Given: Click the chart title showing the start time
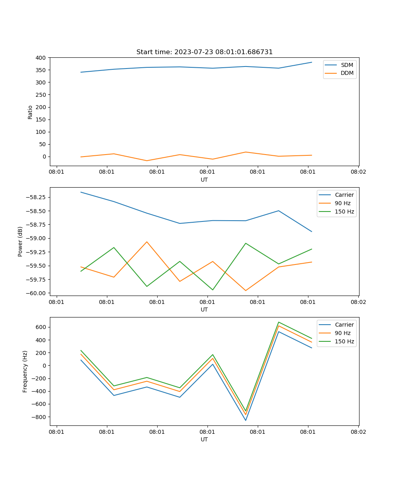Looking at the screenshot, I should tap(204, 52).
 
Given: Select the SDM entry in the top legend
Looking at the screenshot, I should tap(347, 65).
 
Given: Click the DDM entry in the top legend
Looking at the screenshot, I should tap(347, 73).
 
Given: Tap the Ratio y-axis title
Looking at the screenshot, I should tap(30, 112).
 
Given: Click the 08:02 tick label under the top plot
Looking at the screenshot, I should tap(358, 172).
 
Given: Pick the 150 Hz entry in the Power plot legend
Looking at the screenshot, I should tap(344, 212).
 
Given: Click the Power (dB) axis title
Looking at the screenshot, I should tap(20, 241).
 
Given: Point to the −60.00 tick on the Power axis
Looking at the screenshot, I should tap(36, 293).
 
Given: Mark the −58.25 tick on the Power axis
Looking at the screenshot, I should tap(36, 198).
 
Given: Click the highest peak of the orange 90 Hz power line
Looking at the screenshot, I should tap(147, 242).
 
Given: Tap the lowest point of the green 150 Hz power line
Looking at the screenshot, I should tap(213, 290).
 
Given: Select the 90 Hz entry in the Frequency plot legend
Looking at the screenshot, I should tap(342, 333).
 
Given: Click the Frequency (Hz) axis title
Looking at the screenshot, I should tap(25, 371).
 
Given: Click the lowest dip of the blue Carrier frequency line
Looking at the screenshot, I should tap(246, 420).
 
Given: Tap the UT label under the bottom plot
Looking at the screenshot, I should tap(204, 439).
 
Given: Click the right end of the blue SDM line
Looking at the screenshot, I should tap(312, 62).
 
